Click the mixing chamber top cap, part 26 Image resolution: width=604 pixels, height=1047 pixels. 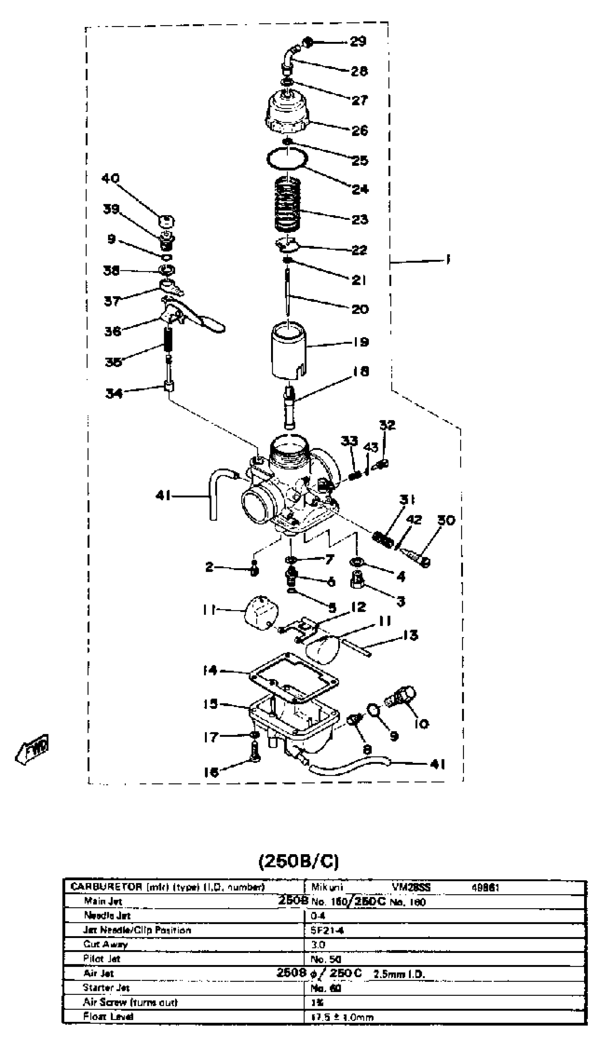click(287, 111)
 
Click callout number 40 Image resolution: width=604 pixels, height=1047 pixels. click(110, 178)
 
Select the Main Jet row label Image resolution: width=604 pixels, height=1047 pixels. click(103, 901)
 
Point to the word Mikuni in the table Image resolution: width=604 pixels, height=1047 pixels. click(327, 887)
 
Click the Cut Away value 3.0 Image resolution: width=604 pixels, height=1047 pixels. click(318, 944)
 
